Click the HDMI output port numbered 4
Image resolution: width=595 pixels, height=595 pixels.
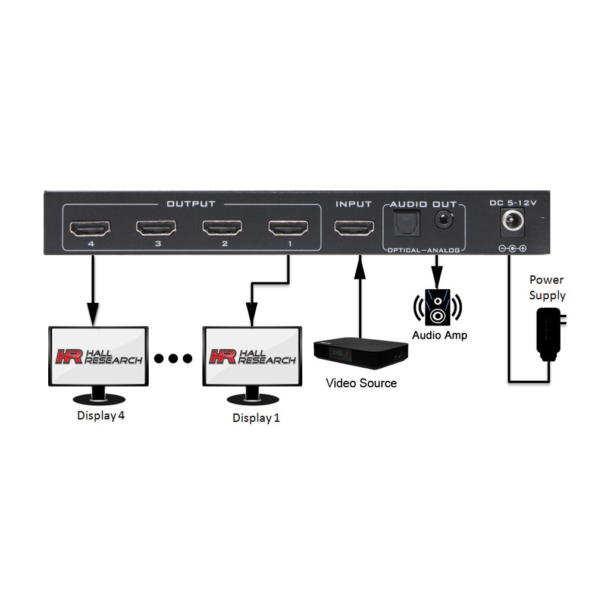click(89, 228)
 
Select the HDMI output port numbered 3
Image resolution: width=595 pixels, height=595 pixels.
click(156, 228)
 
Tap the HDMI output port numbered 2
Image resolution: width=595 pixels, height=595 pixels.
click(223, 228)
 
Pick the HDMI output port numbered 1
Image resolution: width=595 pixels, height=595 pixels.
click(289, 228)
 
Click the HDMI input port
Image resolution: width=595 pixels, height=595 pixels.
click(354, 228)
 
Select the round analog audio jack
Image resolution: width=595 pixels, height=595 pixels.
click(443, 220)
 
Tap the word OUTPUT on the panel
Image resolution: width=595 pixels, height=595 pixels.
click(190, 204)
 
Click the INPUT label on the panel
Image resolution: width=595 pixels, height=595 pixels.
click(353, 204)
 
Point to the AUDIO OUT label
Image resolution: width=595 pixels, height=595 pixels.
click(423, 204)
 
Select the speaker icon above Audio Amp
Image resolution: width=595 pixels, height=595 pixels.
click(438, 307)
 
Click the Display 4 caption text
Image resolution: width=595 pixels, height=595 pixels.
click(101, 416)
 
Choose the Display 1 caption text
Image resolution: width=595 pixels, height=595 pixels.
click(256, 418)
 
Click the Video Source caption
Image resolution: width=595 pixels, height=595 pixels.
click(361, 383)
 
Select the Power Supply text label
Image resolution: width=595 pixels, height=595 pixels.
click(547, 287)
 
